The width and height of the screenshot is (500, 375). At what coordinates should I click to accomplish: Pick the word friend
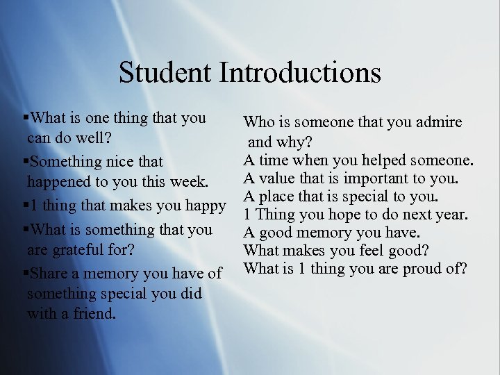click(x=93, y=314)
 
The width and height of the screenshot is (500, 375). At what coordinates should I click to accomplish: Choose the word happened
click(x=59, y=183)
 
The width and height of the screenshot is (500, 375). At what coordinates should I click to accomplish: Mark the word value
click(x=277, y=179)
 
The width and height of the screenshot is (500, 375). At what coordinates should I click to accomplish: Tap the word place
click(x=276, y=197)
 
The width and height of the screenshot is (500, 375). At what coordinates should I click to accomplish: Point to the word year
click(x=456, y=215)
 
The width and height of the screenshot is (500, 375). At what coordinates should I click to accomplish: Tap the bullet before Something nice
click(x=26, y=162)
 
